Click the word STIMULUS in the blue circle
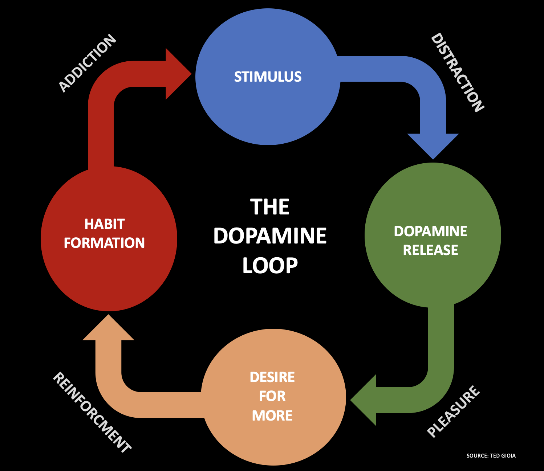[268, 77]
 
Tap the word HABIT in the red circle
[105, 224]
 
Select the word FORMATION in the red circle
[104, 243]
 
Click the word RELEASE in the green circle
[430, 250]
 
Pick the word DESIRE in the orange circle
[272, 377]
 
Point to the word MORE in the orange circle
[272, 415]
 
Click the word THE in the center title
[269, 207]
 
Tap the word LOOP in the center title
[270, 266]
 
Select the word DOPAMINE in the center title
[270, 236]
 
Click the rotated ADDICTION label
[88, 63]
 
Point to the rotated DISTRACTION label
[457, 73]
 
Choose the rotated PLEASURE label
[454, 411]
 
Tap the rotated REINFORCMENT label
[92, 413]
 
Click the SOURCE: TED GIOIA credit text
[491, 456]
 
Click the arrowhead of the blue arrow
[433, 145]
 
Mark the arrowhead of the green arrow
[365, 400]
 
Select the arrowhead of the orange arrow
[108, 328]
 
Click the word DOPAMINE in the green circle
[430, 232]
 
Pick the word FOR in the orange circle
[272, 396]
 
